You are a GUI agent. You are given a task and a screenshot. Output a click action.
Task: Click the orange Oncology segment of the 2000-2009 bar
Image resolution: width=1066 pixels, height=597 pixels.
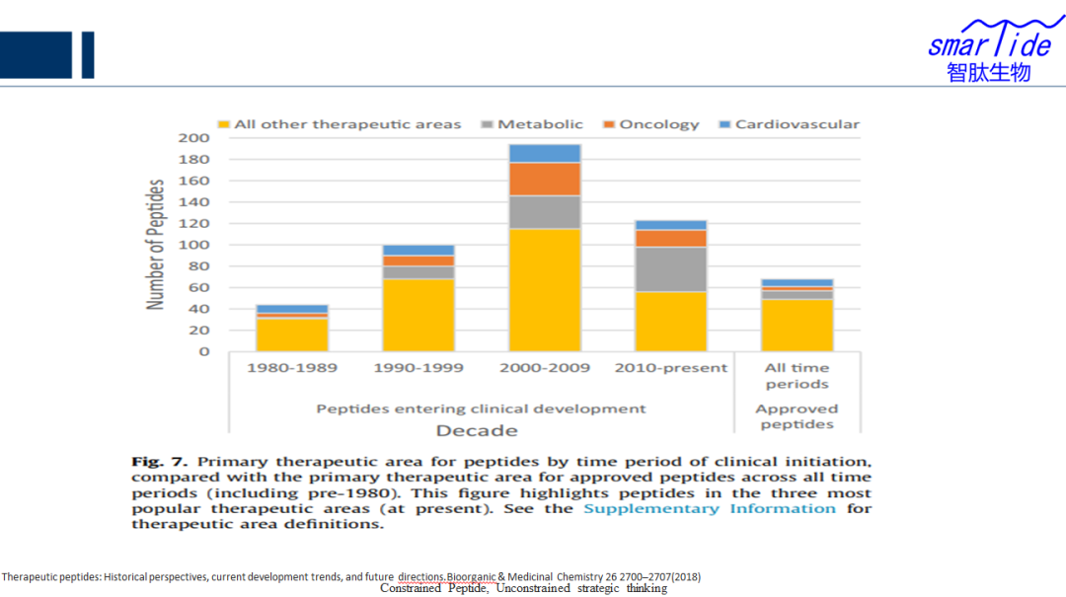545,179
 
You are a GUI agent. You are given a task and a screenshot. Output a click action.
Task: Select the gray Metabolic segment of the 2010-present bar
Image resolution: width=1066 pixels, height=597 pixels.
671,269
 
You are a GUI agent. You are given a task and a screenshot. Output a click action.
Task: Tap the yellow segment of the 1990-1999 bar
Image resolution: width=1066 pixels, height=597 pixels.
419,315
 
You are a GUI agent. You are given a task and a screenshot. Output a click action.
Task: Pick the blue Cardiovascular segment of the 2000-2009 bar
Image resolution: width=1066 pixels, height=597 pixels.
545,153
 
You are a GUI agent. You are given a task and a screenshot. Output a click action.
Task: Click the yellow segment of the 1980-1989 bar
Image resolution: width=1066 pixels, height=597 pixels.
292,335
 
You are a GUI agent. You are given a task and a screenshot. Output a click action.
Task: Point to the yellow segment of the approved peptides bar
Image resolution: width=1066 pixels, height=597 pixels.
797,325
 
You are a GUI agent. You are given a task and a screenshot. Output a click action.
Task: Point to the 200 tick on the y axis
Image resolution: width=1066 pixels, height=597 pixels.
193,137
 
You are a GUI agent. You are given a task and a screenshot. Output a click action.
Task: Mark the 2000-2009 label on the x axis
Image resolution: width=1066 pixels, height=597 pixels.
545,368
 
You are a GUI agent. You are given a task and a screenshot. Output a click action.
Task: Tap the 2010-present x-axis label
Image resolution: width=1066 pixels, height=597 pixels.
671,368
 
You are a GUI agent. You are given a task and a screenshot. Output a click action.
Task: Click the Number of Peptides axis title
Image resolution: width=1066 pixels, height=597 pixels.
156,245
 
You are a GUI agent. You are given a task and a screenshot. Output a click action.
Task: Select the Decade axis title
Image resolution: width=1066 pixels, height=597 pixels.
477,430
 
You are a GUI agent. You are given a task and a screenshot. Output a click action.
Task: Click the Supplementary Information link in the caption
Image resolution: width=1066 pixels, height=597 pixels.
709,508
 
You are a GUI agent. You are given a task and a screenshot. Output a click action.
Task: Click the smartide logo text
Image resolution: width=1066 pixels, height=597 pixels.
989,43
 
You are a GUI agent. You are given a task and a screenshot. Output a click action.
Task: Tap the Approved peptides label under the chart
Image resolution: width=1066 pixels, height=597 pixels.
797,416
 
